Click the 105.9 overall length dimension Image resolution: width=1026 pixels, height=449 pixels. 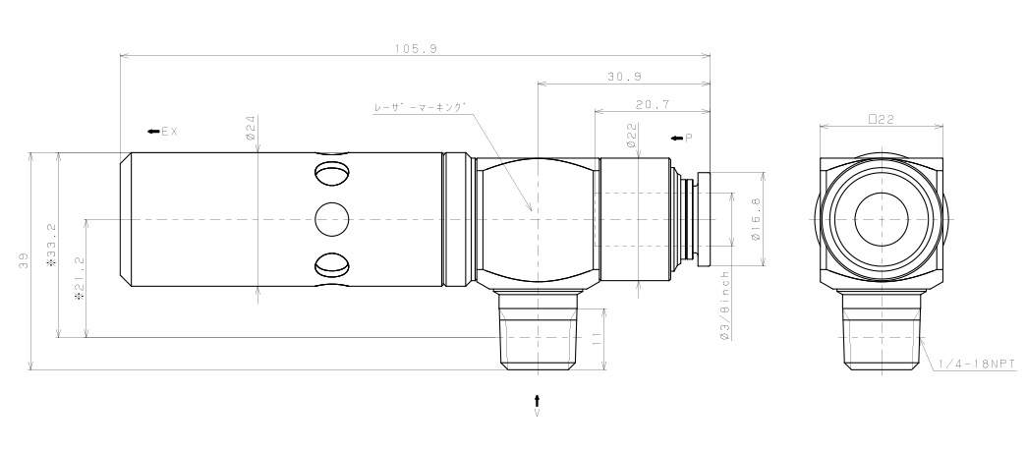coord(416,47)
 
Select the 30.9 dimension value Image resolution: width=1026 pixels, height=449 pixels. coord(624,76)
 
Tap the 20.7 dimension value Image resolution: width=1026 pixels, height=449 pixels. coord(653,103)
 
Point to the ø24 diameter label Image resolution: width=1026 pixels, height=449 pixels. coord(252,128)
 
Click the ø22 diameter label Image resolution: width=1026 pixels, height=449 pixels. coord(631,136)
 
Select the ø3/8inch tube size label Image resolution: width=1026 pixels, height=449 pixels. coord(724,305)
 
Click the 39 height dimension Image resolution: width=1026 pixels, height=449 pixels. coord(22,263)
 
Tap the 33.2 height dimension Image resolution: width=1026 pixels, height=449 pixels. coord(50,255)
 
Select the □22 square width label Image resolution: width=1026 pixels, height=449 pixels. coord(879,118)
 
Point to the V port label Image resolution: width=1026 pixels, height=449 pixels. coord(537,415)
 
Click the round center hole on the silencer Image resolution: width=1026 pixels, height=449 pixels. coord(332,218)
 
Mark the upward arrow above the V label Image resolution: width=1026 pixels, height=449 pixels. coord(537,399)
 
